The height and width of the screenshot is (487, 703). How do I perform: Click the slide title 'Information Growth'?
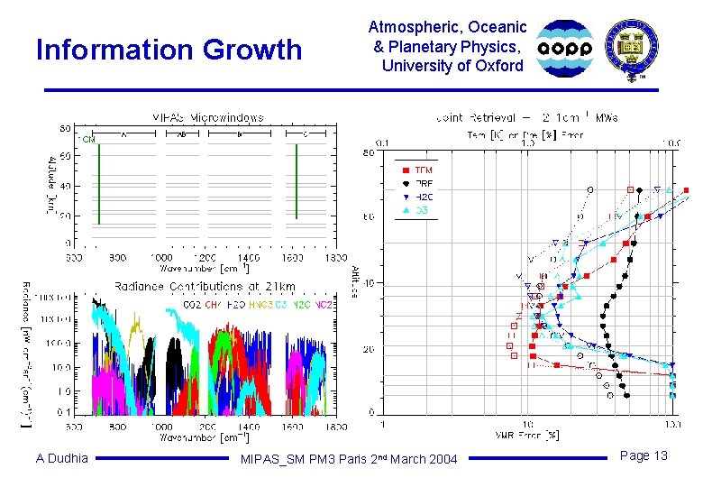[x=169, y=50]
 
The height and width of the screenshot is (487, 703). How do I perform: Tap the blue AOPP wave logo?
[x=566, y=48]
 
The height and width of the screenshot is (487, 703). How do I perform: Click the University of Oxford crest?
[x=632, y=48]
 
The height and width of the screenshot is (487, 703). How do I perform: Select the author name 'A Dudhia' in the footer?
[x=62, y=458]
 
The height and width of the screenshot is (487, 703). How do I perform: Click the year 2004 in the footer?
[x=442, y=460]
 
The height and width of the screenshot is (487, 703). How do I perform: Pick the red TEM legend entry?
[x=416, y=170]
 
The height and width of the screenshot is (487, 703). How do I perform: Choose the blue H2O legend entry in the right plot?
[x=416, y=196]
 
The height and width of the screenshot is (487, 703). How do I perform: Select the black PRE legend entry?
[x=416, y=183]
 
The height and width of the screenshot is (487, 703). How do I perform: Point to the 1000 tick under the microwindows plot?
[x=162, y=257]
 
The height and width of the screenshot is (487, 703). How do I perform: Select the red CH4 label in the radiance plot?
[x=213, y=305]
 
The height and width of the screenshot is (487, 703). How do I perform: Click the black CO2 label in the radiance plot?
[x=192, y=305]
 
